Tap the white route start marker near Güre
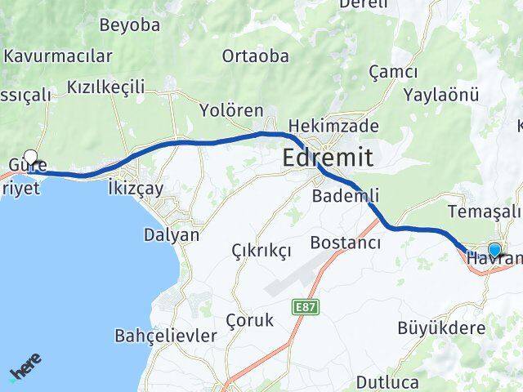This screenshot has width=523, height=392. point(31,157)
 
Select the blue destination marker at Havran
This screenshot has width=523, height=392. point(494,250)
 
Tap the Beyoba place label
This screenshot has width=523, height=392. point(129,24)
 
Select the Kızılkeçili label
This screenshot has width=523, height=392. point(105,87)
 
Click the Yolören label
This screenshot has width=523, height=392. point(233,110)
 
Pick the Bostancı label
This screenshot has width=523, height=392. point(346,243)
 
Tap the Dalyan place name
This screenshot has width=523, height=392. point(171,234)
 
